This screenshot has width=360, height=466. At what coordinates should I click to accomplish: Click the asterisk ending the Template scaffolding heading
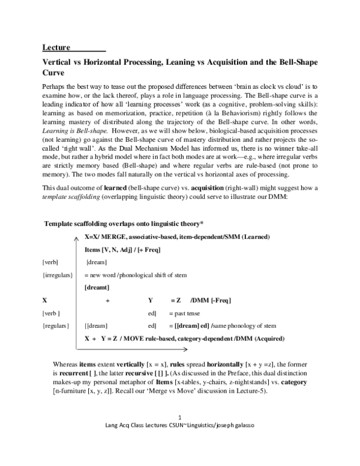(202, 223)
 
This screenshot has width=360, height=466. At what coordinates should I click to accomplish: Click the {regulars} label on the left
(56, 325)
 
